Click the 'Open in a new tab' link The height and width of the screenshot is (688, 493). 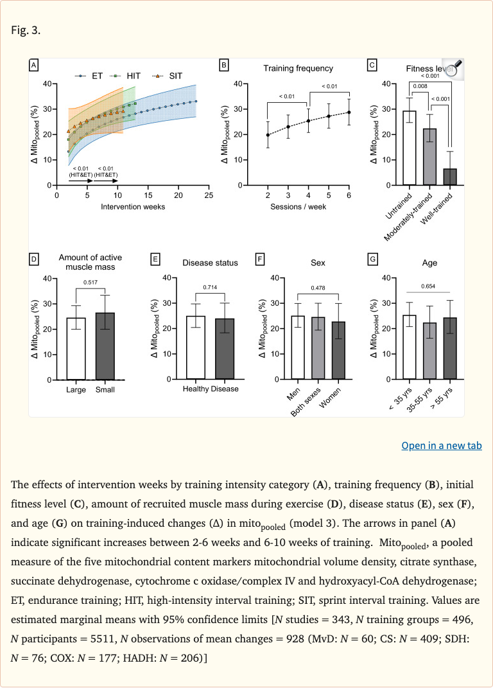pyautogui.click(x=441, y=445)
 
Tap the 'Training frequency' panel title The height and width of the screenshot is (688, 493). pyautogui.click(x=298, y=68)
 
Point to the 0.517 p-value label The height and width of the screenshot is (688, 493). pyautogui.click(x=91, y=282)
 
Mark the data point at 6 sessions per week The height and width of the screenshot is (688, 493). pyautogui.click(x=349, y=112)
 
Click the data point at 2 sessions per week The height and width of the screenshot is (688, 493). pyautogui.click(x=268, y=135)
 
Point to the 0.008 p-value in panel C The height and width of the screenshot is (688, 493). pyautogui.click(x=420, y=86)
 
